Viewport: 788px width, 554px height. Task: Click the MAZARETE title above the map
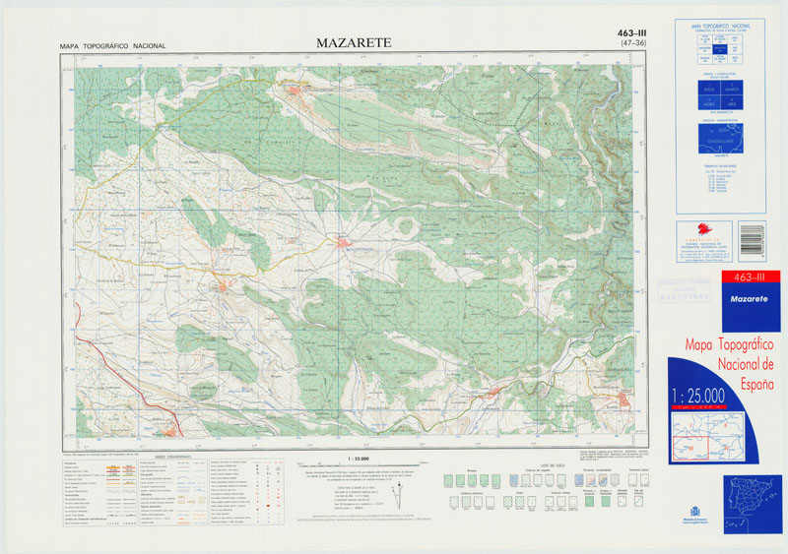(x=354, y=42)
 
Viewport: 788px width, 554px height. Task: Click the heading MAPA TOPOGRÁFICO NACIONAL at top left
(x=112, y=46)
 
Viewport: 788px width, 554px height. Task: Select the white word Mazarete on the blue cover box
(x=751, y=296)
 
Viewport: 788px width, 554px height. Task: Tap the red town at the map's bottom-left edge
(x=171, y=430)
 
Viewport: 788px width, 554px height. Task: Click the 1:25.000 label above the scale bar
(x=359, y=459)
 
